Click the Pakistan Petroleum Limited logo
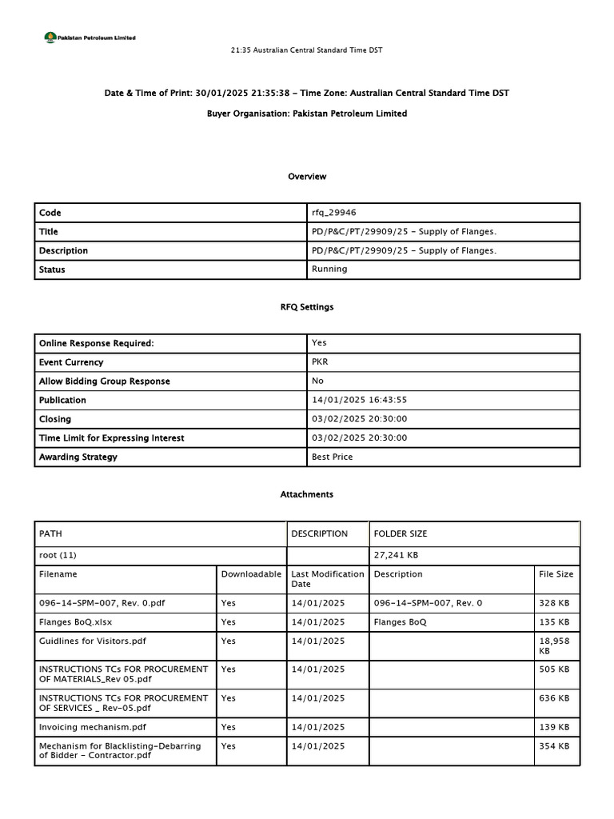[x=90, y=37]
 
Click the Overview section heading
[x=307, y=176]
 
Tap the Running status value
[x=329, y=270]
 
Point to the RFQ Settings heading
[x=307, y=306]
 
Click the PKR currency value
[x=320, y=362]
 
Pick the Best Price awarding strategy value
[x=332, y=457]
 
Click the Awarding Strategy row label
[x=78, y=457]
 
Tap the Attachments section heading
[x=307, y=494]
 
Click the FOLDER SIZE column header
[x=401, y=533]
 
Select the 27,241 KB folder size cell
[x=396, y=555]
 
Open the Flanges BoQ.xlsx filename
[x=76, y=621]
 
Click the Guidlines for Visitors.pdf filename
[x=93, y=641]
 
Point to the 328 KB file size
[x=555, y=602]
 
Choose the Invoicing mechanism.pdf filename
[x=93, y=726]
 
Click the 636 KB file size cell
[x=555, y=698]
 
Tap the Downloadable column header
[x=251, y=574]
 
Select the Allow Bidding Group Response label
[x=105, y=382]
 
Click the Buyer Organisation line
[x=307, y=114]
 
